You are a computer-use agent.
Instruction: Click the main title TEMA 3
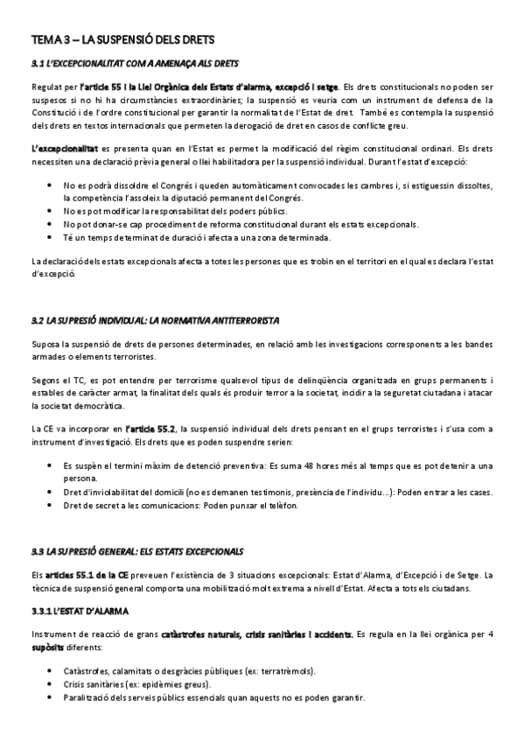click(122, 40)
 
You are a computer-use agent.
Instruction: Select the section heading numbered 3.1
click(134, 64)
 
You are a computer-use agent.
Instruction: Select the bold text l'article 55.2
click(150, 429)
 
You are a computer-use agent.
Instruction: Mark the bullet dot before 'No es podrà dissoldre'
click(48, 186)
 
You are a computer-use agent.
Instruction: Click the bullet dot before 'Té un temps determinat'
click(48, 237)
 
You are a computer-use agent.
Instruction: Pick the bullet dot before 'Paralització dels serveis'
click(48, 698)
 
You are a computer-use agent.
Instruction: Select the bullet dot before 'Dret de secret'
click(48, 505)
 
